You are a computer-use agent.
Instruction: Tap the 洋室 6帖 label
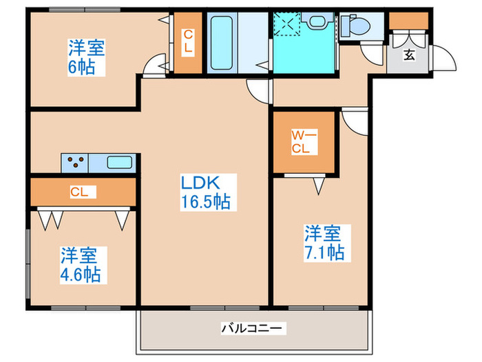86,57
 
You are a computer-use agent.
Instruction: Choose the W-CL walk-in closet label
304,142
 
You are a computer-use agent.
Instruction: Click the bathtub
221,43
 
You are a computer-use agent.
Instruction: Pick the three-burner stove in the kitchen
75,163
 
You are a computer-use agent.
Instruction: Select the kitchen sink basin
120,162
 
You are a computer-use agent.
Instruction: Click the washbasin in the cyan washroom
317,21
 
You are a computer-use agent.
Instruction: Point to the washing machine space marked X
287,24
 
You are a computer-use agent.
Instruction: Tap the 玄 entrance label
409,55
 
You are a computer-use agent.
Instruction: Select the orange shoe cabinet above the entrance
409,21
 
